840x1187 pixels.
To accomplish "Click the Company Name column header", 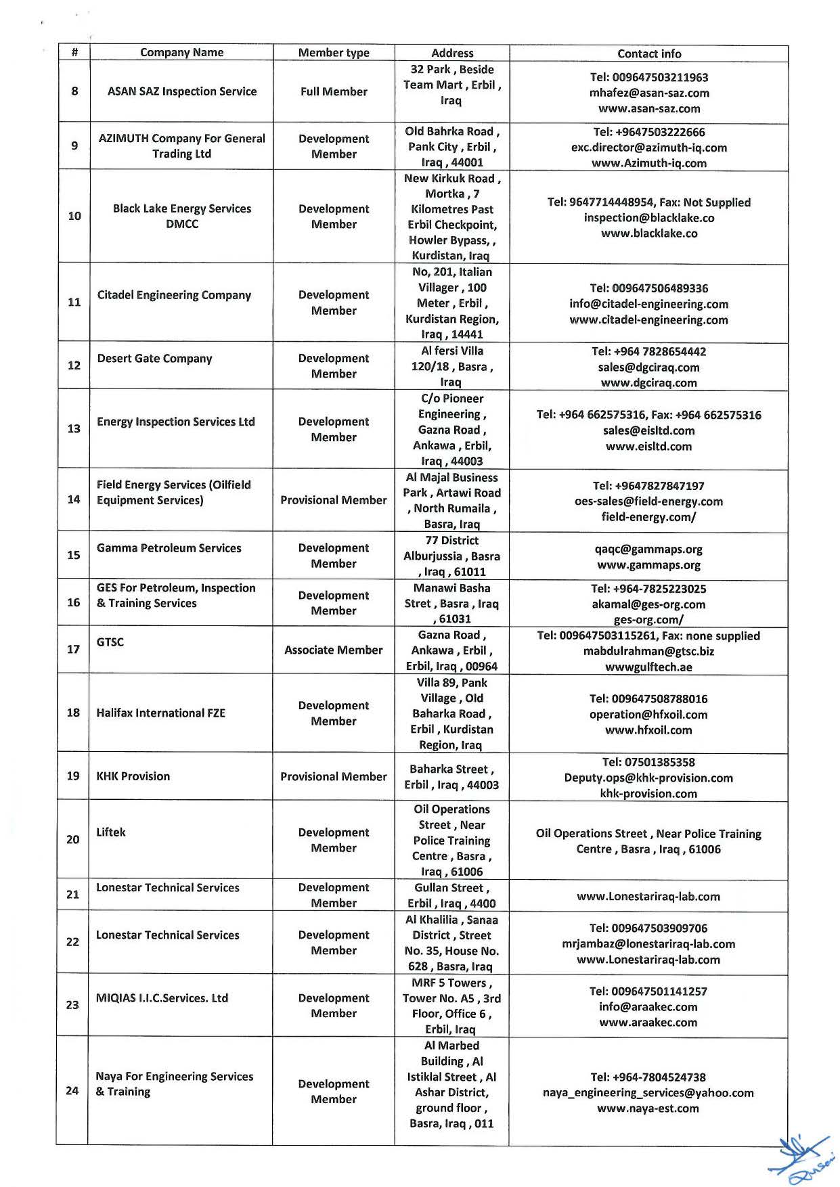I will (x=181, y=53).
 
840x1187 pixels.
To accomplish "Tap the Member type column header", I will (x=334, y=53).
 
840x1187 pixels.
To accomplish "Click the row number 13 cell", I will (x=74, y=429).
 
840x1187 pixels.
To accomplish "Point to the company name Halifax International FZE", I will (x=160, y=713).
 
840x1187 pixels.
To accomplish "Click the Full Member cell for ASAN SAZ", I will (x=334, y=92).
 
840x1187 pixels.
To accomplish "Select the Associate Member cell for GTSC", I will (x=333, y=650).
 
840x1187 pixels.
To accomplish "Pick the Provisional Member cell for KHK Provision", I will (x=333, y=777).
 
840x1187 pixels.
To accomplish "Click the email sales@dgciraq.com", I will (x=648, y=367).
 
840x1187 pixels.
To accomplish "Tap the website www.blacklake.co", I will (x=648, y=233).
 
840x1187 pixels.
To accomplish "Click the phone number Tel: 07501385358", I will (x=648, y=763).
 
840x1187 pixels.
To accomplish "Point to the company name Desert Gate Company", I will (x=154, y=359).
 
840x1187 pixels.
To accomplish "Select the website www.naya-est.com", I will (x=648, y=1108).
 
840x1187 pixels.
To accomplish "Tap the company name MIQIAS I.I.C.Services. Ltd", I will (x=162, y=998).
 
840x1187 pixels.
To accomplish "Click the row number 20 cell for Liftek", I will (x=72, y=840).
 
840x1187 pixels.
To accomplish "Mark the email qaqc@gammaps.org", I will (x=648, y=550).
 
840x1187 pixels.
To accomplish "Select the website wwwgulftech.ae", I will (x=648, y=667).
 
